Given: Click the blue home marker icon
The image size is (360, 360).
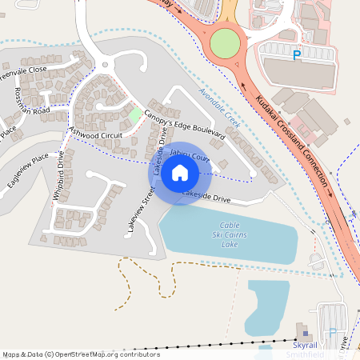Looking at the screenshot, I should pos(180,173).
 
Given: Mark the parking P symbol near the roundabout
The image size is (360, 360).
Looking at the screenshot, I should pos(297,55).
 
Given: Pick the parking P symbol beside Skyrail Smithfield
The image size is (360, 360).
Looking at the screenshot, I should pos(333,332).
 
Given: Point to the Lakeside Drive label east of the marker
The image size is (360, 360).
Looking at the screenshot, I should pos(206,196).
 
